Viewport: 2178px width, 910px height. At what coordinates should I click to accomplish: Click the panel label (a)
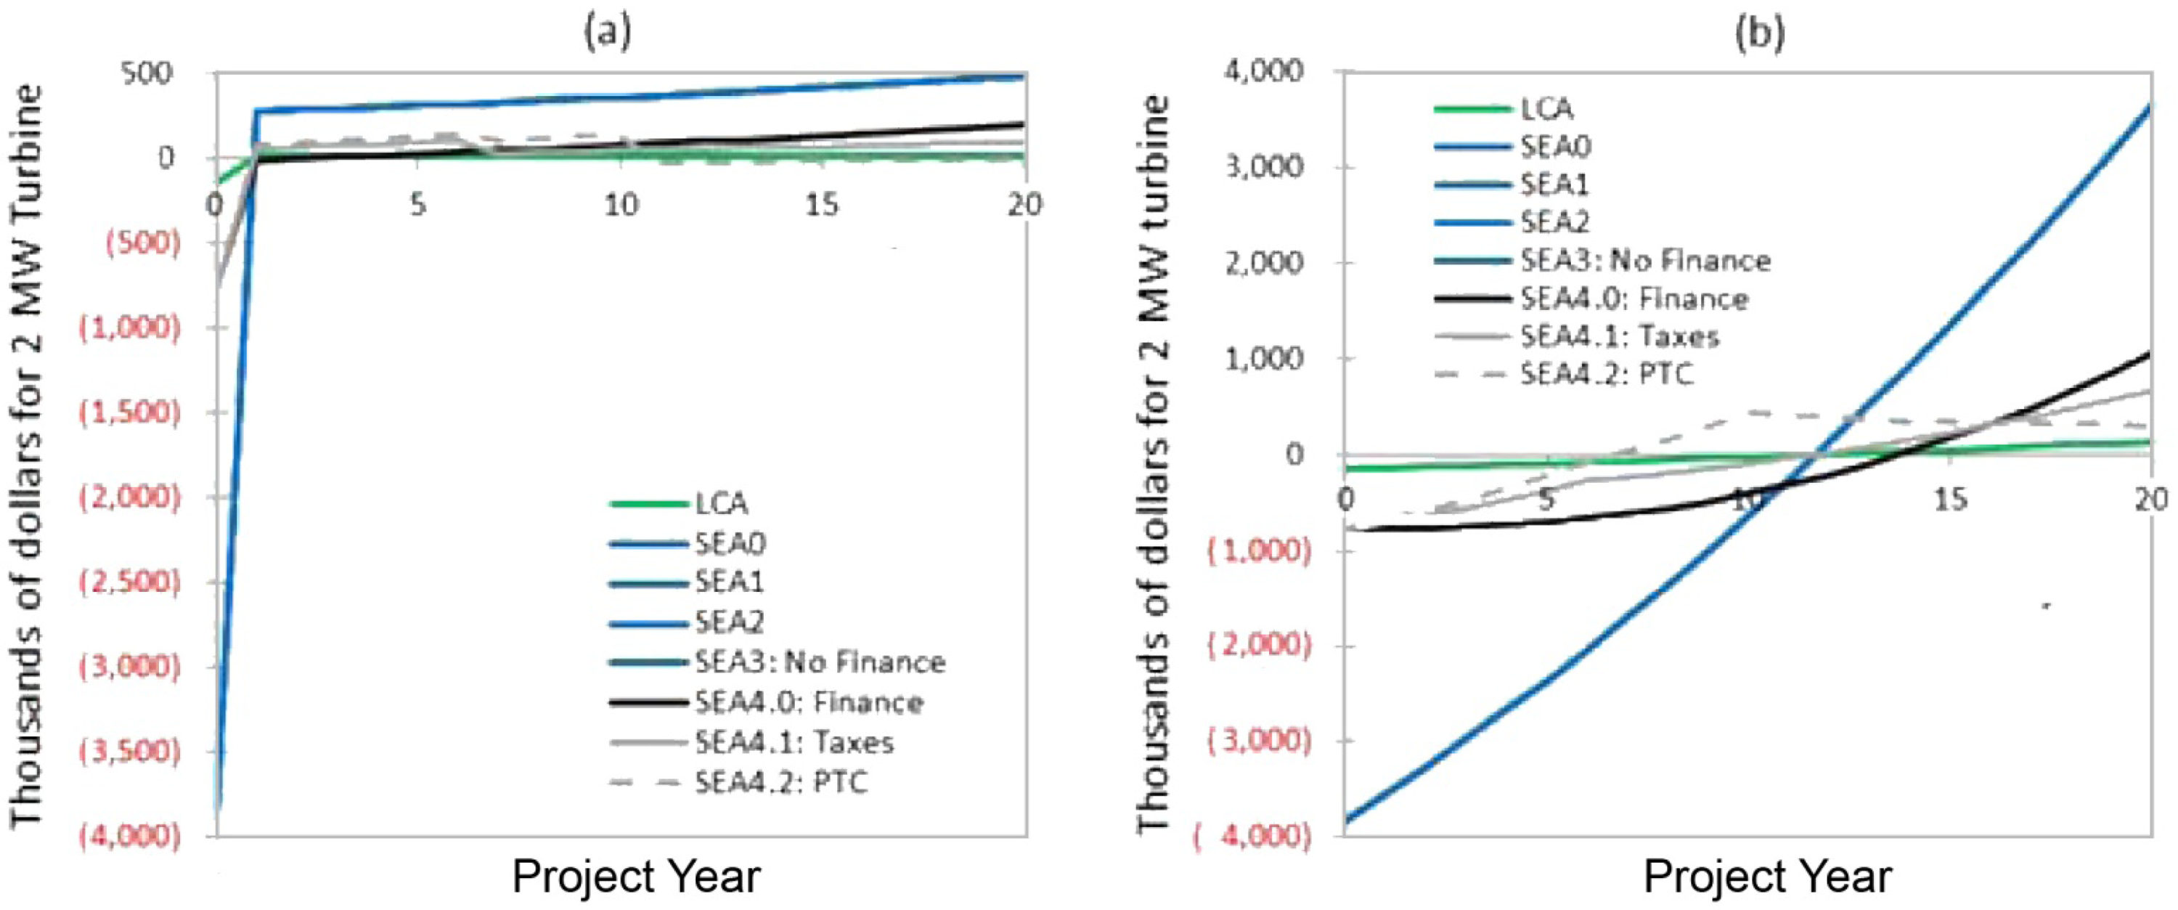point(607,32)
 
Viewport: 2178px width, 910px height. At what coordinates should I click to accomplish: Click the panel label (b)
point(1760,33)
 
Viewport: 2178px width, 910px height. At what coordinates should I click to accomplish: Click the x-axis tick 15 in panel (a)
point(821,204)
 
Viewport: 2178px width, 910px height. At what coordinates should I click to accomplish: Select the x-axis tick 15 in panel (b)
point(1950,500)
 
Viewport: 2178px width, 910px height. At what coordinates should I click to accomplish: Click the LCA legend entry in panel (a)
point(721,504)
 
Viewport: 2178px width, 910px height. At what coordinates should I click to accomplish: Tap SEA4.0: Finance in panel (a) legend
point(808,702)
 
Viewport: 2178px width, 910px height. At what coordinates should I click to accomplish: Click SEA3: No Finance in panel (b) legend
point(1644,261)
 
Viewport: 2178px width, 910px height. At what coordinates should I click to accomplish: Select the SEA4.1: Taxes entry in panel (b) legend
point(1619,336)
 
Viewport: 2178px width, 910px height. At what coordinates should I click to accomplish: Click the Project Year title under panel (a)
point(636,876)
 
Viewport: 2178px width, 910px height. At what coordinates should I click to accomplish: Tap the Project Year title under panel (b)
point(1766,876)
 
